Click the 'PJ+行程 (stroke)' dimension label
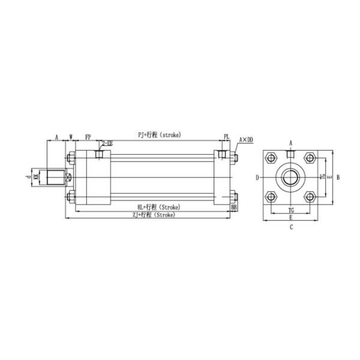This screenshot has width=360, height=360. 159,135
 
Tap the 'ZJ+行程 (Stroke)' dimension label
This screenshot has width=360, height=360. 154,214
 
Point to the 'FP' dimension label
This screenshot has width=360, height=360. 88,137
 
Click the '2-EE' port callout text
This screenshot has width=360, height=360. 106,143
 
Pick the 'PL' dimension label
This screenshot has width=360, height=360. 226,137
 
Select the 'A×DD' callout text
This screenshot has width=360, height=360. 246,139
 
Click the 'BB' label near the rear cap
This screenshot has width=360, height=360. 233,207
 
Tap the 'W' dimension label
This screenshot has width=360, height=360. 71,137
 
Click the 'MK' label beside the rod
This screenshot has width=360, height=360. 37,177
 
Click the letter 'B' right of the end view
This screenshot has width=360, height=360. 338,177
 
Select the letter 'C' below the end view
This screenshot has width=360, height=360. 291,227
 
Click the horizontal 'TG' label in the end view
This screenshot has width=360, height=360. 291,211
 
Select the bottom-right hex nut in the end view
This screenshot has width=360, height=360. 310,196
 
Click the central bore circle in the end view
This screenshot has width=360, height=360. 291,177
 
